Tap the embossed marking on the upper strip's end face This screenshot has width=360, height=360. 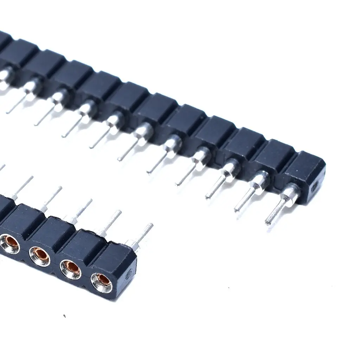(x=315, y=185)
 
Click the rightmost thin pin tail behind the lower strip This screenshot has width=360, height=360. (x=143, y=234)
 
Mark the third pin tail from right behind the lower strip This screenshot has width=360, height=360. (x=83, y=209)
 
